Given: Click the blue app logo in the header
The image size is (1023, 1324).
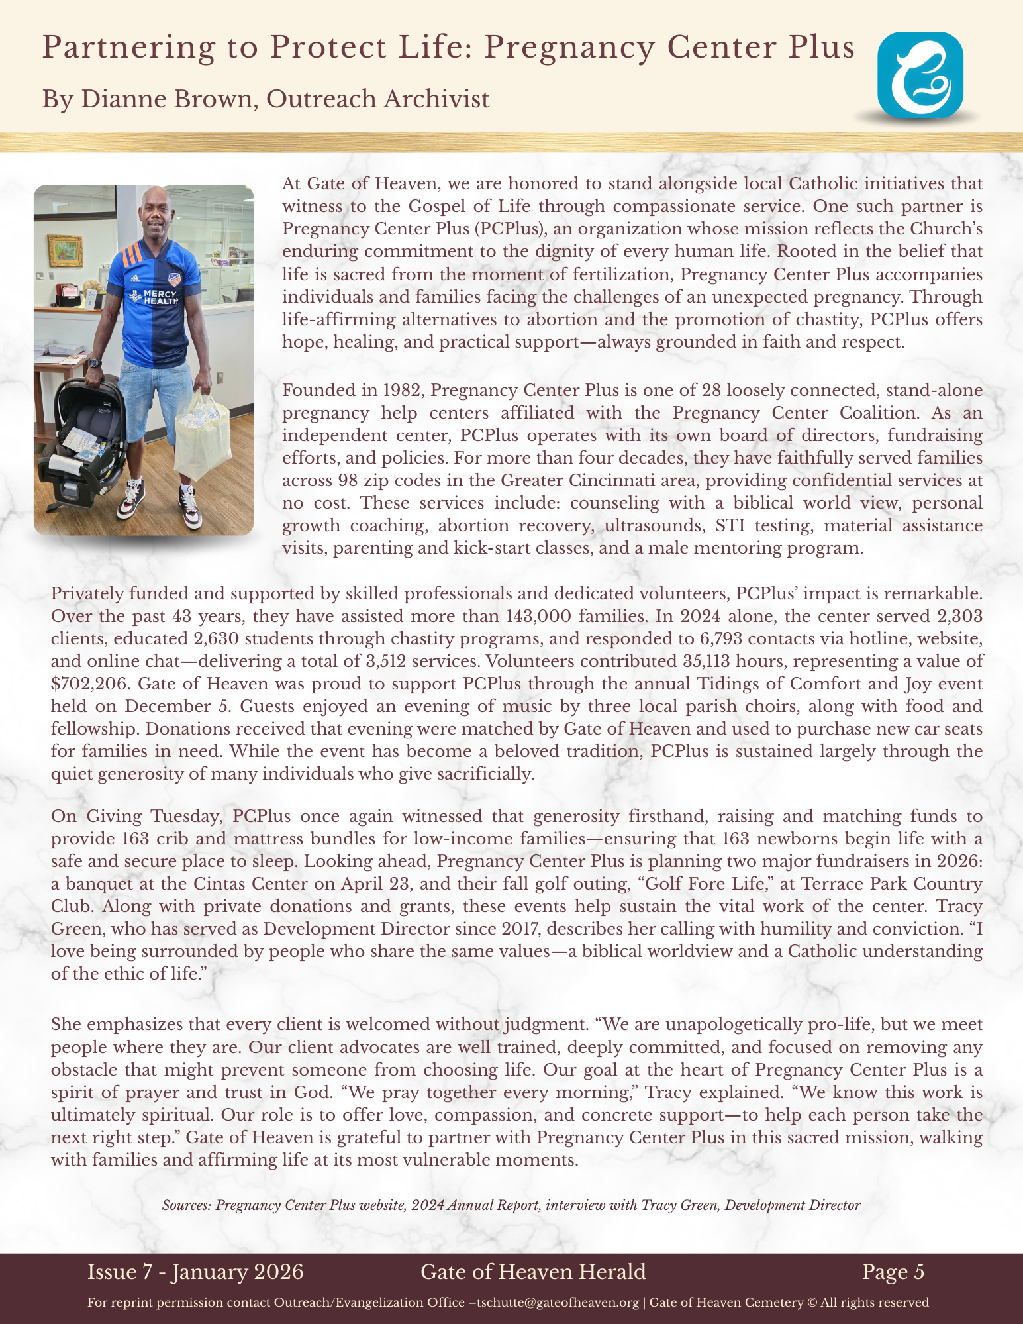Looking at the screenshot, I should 920,76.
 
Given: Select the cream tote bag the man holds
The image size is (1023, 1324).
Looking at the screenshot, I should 203,434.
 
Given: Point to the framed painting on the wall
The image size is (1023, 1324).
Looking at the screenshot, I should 65,250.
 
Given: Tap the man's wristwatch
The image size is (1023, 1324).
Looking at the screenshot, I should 95,362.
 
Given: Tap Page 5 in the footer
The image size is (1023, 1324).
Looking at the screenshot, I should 893,1272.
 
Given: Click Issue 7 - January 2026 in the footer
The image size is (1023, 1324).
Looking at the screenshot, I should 195,1272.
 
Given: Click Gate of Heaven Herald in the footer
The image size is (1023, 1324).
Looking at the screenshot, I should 533,1272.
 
